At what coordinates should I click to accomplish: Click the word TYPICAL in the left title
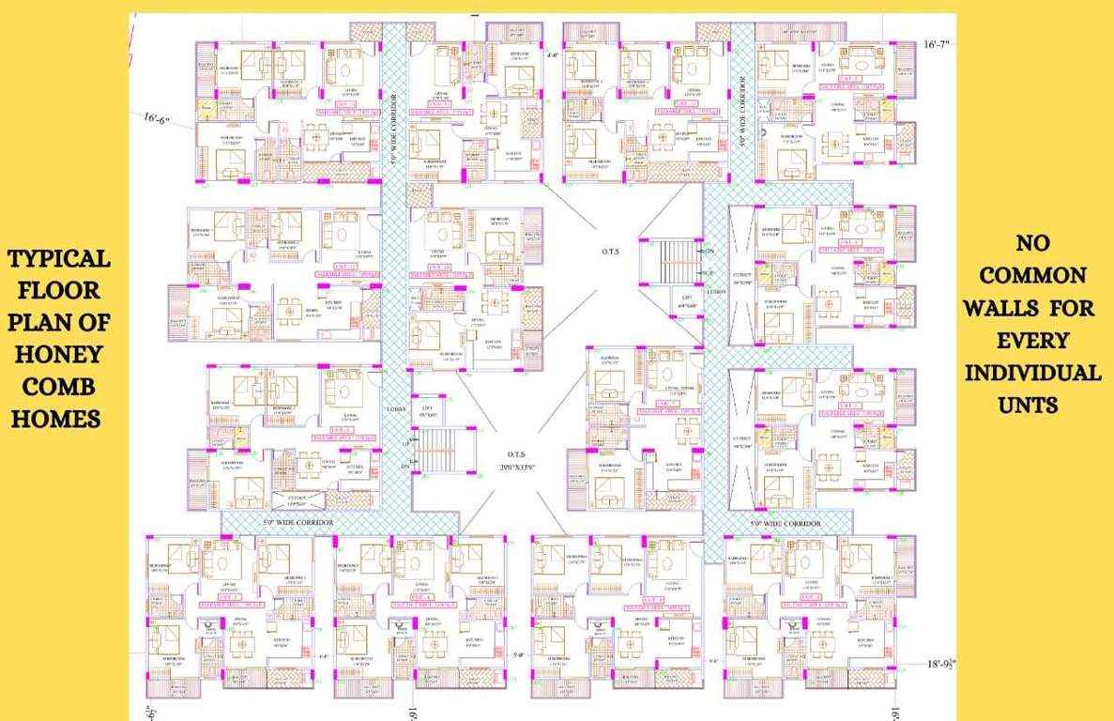[x=58, y=258]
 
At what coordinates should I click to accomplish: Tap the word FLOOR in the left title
[x=58, y=290]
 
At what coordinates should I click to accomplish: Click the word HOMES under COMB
[x=56, y=419]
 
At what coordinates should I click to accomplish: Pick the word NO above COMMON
[x=1033, y=243]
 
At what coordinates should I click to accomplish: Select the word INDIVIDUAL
[x=1033, y=373]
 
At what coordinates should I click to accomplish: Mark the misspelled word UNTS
[x=1033, y=405]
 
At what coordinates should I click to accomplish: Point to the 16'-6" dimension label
[x=157, y=119]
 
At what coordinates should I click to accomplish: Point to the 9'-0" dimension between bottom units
[x=517, y=656]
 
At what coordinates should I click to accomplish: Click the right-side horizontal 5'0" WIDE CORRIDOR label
[x=785, y=523]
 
